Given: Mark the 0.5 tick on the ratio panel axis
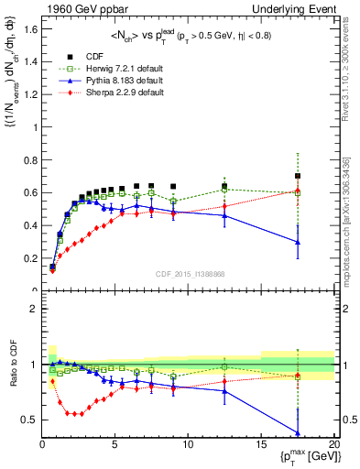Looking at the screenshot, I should coord(27,420).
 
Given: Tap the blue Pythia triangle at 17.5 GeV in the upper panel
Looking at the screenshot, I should coord(297,243).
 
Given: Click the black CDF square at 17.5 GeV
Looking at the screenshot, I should coord(297,176).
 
